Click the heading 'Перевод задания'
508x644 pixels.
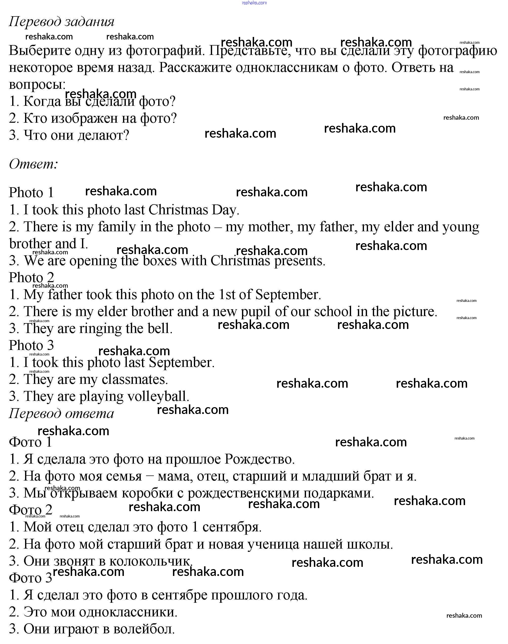click(62, 22)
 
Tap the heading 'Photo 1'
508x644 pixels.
click(31, 193)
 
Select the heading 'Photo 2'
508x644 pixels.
click(31, 278)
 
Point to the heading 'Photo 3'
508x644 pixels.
click(31, 345)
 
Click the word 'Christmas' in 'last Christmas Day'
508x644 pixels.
click(178, 210)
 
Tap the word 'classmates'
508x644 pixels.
click(135, 379)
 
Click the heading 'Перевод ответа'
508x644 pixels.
click(61, 413)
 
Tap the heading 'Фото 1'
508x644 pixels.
click(30, 442)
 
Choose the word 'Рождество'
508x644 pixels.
click(259, 459)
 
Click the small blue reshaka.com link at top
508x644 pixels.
click(254, 3)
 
